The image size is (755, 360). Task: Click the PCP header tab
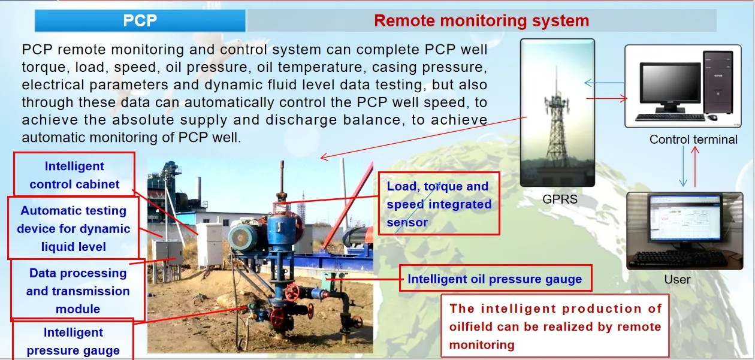point(140,21)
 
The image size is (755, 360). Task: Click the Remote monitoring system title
point(481,21)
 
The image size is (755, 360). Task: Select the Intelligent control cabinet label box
point(74,176)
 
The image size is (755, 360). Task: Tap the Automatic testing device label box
point(73,228)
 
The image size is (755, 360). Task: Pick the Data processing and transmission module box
point(78,291)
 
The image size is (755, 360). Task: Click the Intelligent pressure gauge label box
point(73,341)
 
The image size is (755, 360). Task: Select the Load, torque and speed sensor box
point(439,204)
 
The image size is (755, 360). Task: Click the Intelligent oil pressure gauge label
point(495,279)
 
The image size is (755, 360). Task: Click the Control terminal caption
point(693,140)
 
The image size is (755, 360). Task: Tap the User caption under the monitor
point(677,279)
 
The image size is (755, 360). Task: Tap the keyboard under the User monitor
point(679,259)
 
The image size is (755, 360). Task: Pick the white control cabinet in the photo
point(210,244)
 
